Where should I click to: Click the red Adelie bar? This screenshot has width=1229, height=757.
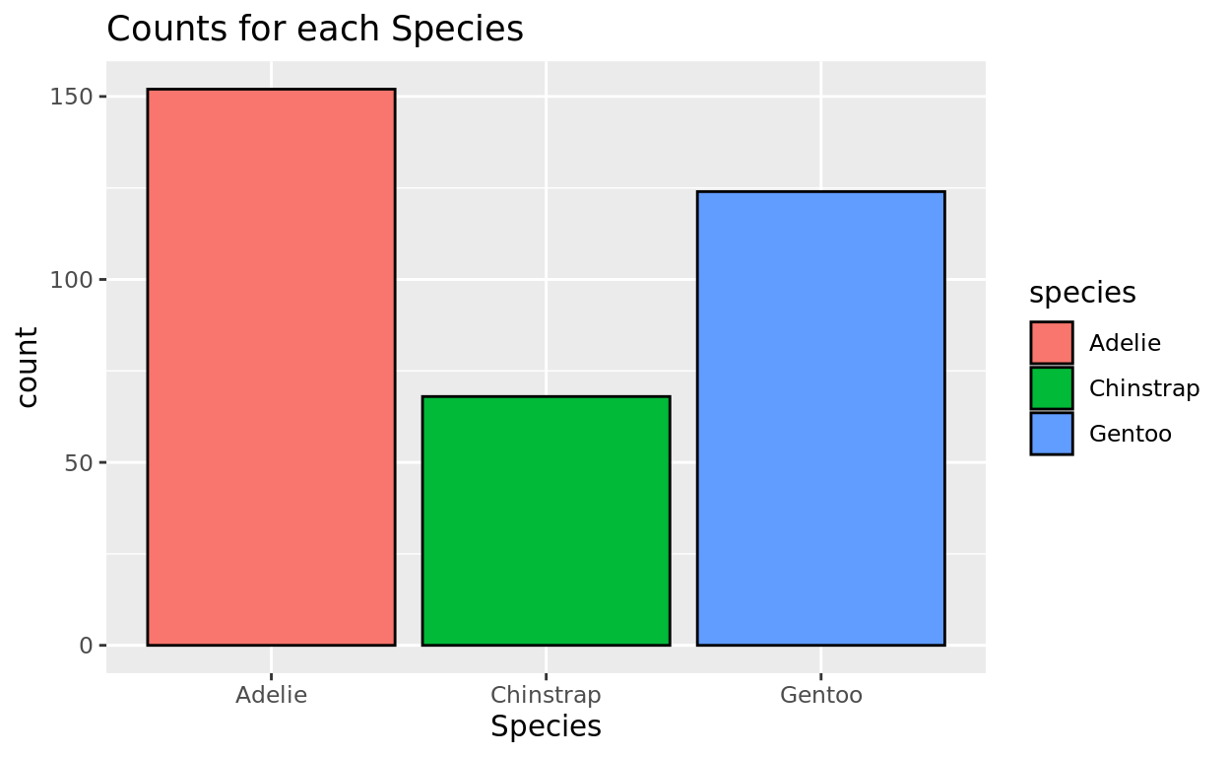271,367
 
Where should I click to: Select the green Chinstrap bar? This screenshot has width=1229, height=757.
546,520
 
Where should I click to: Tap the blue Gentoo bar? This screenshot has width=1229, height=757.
820,418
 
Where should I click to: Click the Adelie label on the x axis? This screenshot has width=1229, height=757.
271,695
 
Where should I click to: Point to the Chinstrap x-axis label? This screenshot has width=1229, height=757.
546,695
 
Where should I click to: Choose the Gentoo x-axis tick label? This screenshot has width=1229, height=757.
820,695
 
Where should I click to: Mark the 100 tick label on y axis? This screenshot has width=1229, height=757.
72,280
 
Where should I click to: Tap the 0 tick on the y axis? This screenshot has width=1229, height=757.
87,646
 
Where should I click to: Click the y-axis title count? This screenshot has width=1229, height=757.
28,367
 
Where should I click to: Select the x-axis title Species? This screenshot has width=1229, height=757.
546,727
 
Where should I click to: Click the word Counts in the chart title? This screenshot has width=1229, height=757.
158,30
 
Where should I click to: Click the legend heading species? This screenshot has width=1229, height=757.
1082,293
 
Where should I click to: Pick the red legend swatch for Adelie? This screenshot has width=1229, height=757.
1052,343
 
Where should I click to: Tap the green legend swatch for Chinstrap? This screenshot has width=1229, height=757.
1052,388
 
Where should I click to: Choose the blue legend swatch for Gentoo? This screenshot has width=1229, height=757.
1052,434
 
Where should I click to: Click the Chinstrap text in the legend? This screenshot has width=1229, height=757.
1143,388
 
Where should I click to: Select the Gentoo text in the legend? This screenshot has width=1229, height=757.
1130,434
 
